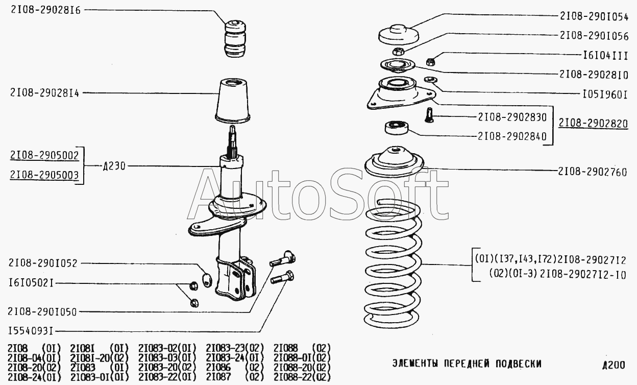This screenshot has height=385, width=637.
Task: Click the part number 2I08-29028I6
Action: [x=46, y=10]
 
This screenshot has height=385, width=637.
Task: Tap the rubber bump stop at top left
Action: [x=235, y=38]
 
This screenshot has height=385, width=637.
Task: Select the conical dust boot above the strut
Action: [x=233, y=101]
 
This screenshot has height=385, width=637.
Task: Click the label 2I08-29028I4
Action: [x=44, y=93]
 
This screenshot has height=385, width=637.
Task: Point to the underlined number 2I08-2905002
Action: [x=44, y=155]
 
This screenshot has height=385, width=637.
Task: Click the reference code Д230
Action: [x=114, y=166]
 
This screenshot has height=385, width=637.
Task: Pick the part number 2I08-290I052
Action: [x=43, y=263]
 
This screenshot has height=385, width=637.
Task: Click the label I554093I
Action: [x=31, y=331]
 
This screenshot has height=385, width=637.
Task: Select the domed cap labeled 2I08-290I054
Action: [x=399, y=35]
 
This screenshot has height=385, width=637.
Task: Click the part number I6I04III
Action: [x=605, y=56]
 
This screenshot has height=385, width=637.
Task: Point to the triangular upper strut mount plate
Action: [x=401, y=93]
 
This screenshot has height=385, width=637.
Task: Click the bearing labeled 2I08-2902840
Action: [x=397, y=128]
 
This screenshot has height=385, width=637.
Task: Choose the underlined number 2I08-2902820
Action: [x=593, y=123]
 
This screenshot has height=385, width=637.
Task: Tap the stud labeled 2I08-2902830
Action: [x=429, y=115]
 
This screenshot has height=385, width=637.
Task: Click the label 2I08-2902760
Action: [x=593, y=172]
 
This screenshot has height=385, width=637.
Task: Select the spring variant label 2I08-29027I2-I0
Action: [x=583, y=275]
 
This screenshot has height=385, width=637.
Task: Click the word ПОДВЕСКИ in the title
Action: [x=519, y=364]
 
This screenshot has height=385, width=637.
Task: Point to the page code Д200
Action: [x=614, y=365]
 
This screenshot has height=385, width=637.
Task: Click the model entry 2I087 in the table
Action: [x=218, y=377]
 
